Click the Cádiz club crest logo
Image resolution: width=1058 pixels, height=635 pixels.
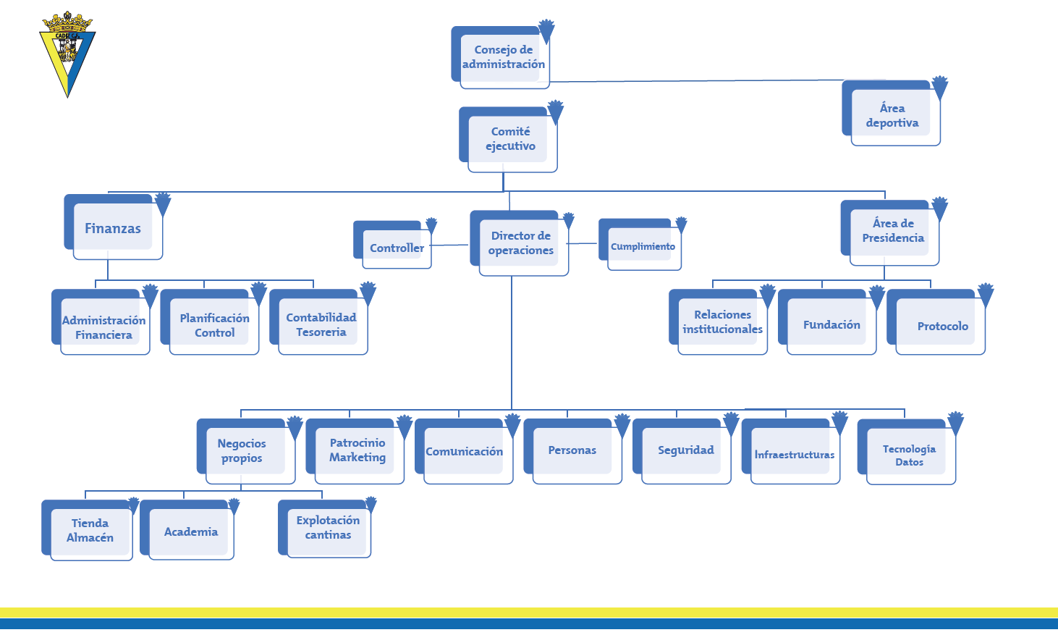[x=67, y=54]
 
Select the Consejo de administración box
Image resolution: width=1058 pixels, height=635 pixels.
[x=503, y=58]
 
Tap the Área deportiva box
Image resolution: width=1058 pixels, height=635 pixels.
[x=892, y=116]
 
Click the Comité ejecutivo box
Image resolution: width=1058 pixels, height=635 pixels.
[x=510, y=139]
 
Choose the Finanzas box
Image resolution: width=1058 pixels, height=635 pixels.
[x=114, y=228]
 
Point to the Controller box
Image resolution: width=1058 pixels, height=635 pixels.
[x=396, y=248]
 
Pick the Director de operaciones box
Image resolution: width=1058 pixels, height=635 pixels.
[x=520, y=243]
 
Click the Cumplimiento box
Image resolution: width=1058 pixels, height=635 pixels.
[x=643, y=247]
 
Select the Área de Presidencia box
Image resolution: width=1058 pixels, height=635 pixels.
[x=892, y=231]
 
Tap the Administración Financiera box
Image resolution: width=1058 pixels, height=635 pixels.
[x=103, y=327]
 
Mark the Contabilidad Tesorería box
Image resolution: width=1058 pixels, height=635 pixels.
[x=321, y=325]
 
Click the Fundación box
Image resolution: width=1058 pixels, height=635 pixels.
[x=831, y=325]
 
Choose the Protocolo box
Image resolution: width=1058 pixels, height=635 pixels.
[x=941, y=327]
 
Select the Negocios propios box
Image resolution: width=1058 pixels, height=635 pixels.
[x=242, y=451]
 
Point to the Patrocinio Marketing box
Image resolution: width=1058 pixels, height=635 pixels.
[x=357, y=450]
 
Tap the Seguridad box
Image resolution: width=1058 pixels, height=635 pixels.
[x=685, y=450]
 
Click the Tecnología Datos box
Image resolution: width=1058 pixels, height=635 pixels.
[x=909, y=455]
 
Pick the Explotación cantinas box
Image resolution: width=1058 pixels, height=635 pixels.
[x=328, y=528]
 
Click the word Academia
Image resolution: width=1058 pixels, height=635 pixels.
[x=191, y=532]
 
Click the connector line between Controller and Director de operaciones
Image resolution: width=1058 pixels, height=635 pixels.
[x=450, y=245]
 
